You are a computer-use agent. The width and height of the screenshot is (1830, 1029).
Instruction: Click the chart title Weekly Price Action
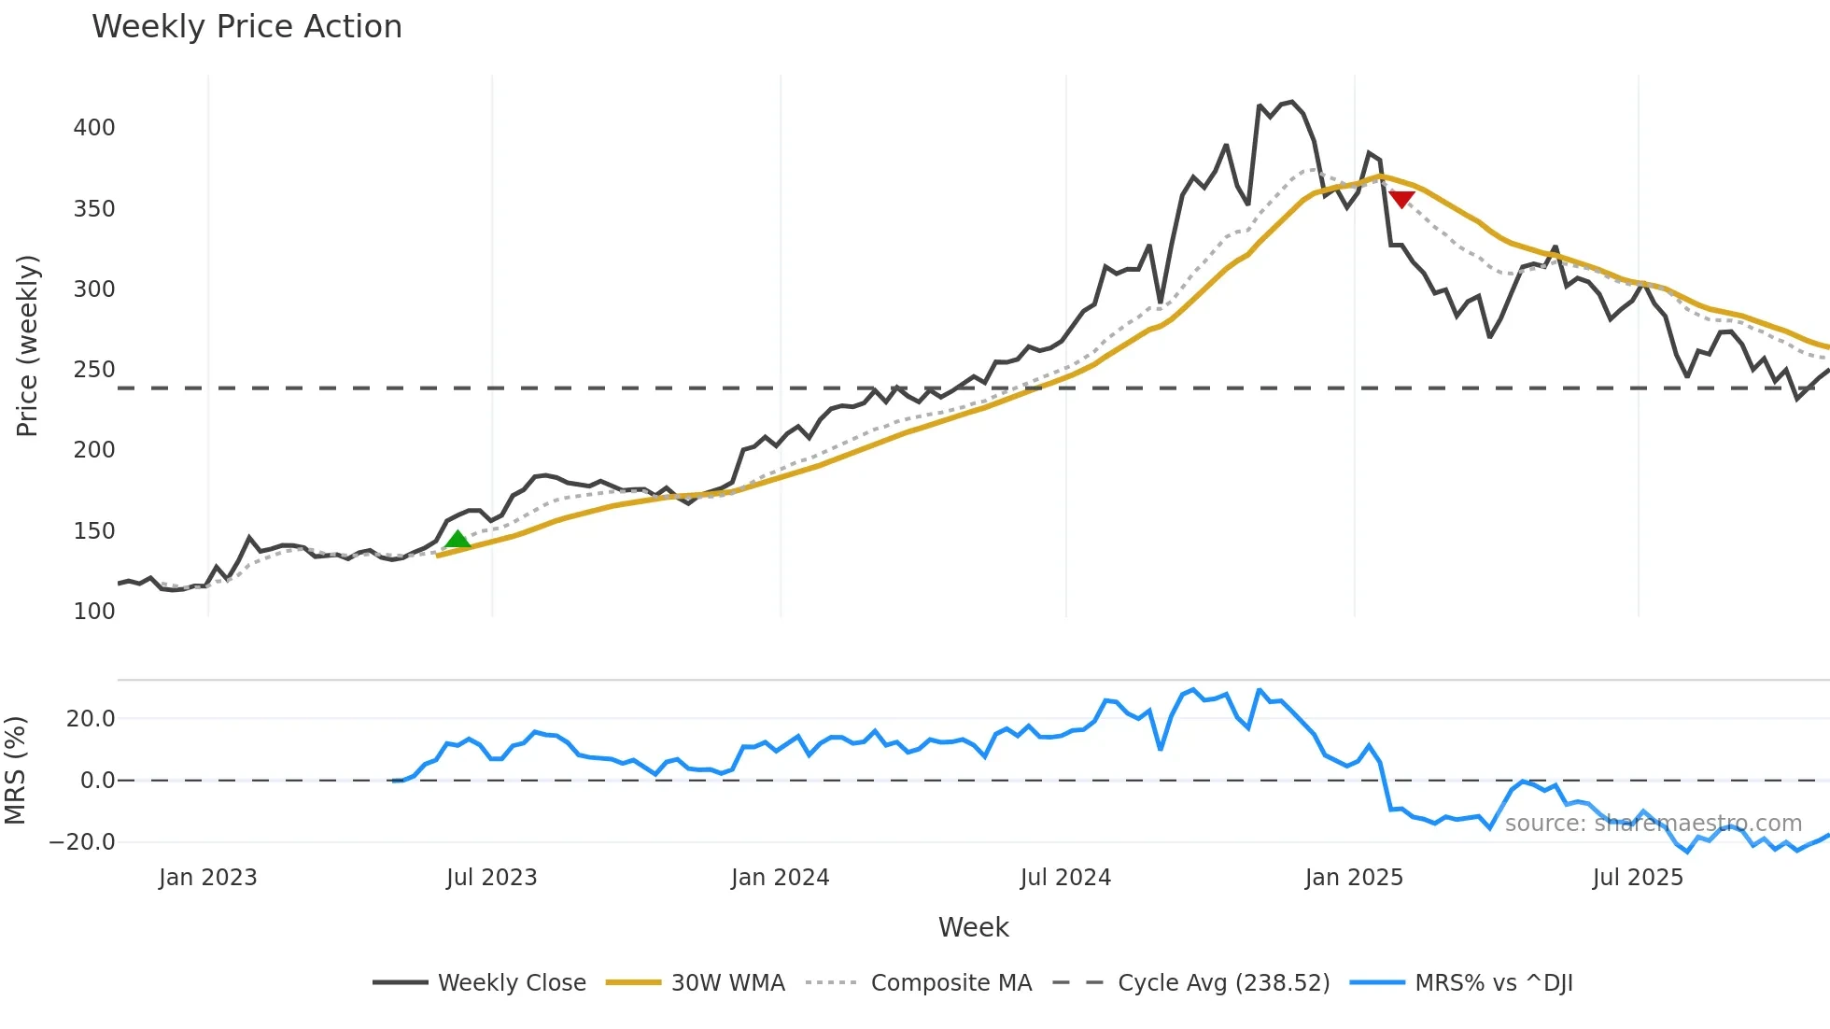pos(246,27)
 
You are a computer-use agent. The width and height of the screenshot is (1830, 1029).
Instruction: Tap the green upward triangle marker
pos(457,539)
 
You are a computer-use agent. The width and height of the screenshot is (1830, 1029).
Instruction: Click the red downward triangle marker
pos(1401,199)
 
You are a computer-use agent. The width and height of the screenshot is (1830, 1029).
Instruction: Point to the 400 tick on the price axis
pos(94,128)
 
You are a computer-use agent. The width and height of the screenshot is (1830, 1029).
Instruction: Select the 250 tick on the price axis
pos(94,370)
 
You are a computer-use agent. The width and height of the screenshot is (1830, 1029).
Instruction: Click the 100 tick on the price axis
pos(94,612)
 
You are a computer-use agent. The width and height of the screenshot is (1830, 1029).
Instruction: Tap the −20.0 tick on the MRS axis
pos(82,842)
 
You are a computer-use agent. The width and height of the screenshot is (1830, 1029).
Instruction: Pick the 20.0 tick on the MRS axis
pos(91,719)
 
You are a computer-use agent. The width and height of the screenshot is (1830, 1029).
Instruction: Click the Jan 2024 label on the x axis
pos(780,878)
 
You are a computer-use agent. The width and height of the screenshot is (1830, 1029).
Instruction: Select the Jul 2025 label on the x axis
pos(1638,878)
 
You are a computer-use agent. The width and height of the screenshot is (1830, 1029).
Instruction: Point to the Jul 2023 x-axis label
pos(491,878)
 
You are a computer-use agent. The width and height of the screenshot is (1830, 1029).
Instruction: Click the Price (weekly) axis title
pos(27,345)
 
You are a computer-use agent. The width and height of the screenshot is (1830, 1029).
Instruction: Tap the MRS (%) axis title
pos(15,770)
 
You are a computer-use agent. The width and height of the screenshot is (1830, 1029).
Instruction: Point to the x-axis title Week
pos(973,927)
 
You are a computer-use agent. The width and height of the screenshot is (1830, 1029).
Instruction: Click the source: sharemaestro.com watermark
pos(1653,824)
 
